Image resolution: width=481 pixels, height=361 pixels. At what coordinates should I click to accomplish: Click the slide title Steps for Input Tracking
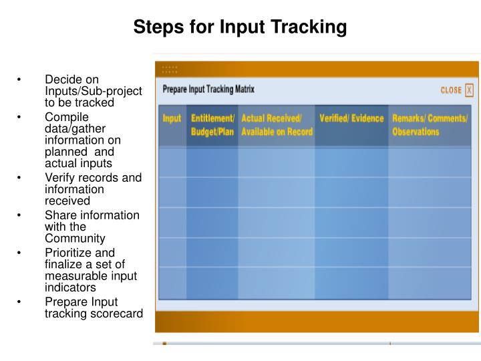point(240,27)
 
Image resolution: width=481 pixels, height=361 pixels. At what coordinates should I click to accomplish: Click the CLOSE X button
point(457,90)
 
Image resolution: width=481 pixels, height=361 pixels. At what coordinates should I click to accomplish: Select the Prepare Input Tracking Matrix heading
point(208,89)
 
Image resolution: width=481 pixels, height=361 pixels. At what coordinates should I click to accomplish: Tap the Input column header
point(172,119)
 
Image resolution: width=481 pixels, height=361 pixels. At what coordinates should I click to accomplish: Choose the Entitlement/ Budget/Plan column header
point(212,125)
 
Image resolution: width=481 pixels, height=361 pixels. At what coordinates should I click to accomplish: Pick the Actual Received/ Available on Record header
point(277,125)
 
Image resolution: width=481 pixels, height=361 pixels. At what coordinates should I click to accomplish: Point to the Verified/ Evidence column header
point(351,119)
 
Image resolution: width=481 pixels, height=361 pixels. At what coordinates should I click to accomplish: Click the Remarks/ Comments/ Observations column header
point(430,125)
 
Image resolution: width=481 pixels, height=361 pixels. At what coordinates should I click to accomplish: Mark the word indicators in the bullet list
point(69,287)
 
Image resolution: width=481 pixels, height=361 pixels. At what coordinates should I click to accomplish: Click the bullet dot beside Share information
point(21,215)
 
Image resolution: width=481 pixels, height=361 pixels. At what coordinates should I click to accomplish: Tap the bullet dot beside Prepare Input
point(21,302)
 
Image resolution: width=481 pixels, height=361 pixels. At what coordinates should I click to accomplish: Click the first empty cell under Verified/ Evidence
point(351,162)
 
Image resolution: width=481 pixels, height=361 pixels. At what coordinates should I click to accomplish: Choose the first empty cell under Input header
point(172,162)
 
